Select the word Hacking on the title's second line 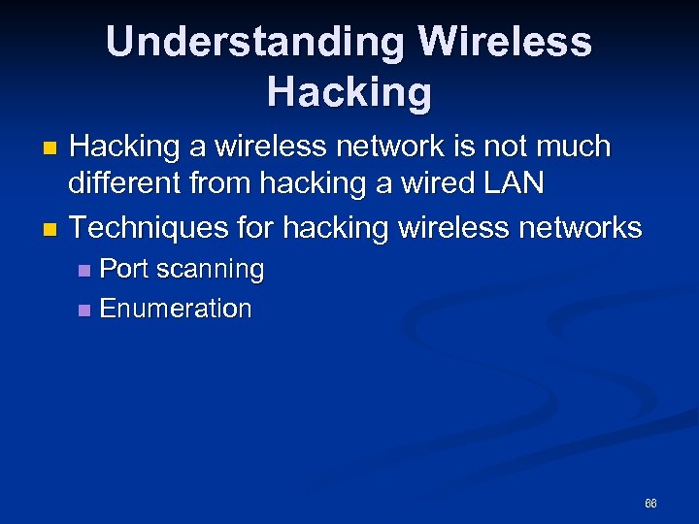[349, 92]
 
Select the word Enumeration [176, 310]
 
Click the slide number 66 [650, 504]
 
